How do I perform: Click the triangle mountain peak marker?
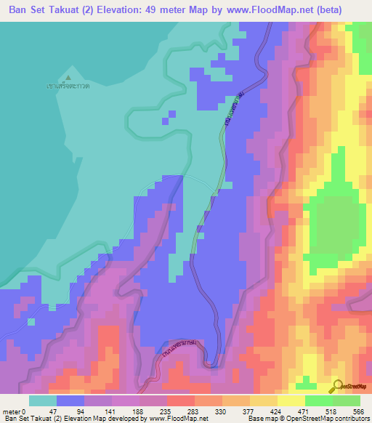click(x=68, y=77)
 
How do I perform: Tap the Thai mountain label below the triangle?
click(x=68, y=86)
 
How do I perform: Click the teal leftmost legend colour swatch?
click(x=43, y=401)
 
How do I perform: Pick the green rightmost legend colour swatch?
click(x=346, y=401)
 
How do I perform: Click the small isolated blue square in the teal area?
click(x=171, y=114)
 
